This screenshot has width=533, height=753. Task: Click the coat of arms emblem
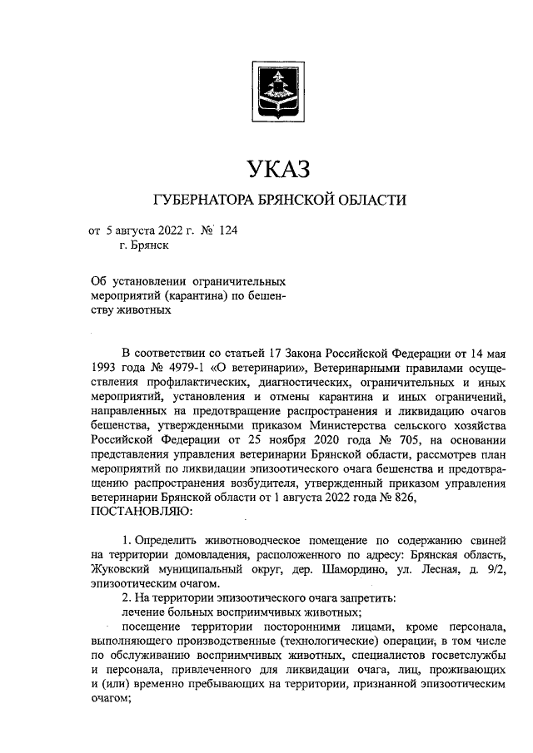point(266,91)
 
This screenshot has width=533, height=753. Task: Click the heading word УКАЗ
point(267,169)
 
